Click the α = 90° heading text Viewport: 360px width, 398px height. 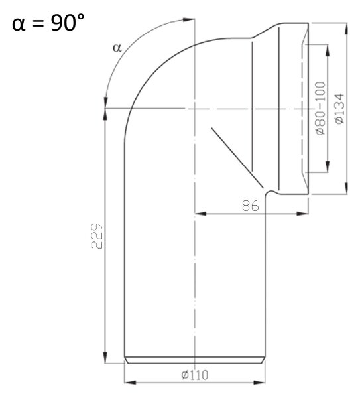pos(48,23)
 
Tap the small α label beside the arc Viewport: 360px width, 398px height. pos(117,48)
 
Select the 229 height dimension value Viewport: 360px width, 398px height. pos(97,235)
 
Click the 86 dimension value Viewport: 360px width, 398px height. pos(251,206)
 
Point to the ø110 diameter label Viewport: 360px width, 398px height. pos(195,375)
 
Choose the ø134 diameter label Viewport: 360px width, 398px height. pos(339,109)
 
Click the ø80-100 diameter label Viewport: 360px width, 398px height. pos(320,108)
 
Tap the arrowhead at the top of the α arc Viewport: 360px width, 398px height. pos(189,19)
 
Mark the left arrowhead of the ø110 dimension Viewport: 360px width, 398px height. pos(130,382)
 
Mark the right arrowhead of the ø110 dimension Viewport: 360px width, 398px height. pos(259,382)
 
